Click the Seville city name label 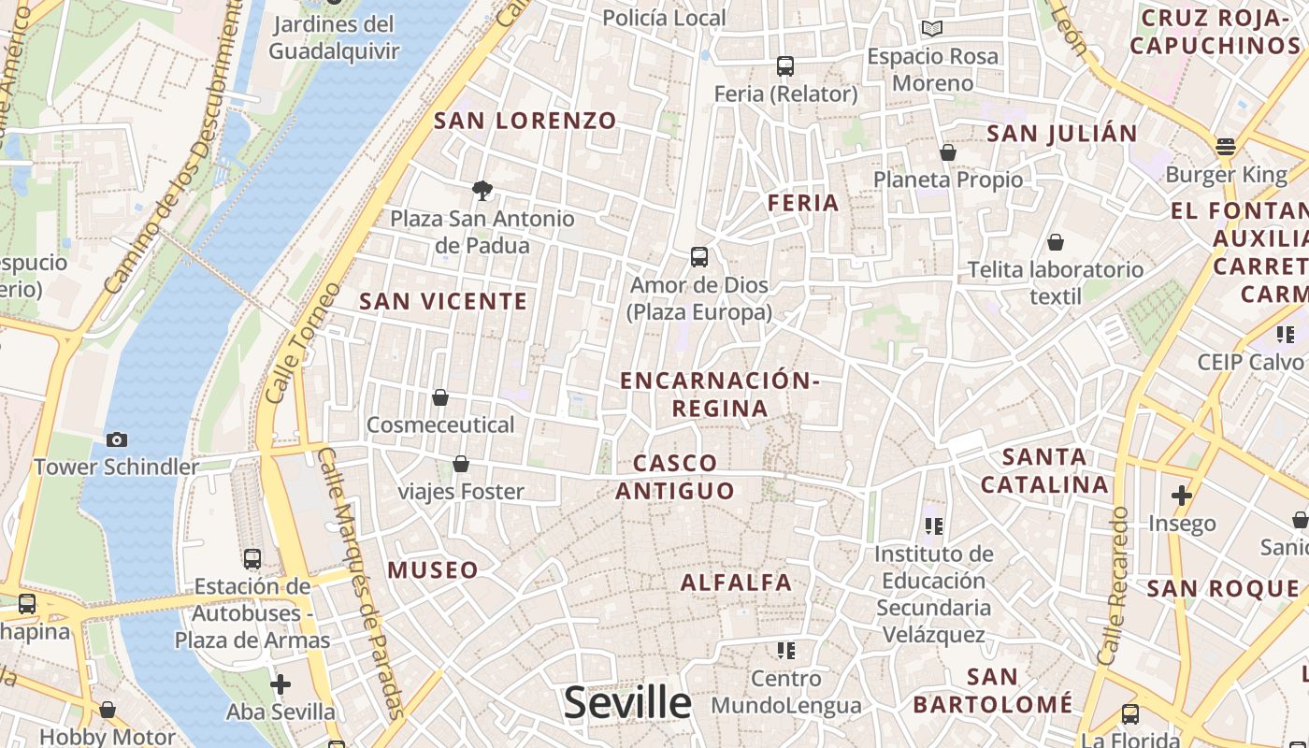(627, 702)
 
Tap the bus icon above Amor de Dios (698, 257)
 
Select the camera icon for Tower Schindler (117, 439)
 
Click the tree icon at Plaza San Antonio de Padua (482, 191)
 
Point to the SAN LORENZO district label (525, 121)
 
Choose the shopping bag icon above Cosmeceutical (440, 397)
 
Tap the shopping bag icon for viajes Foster (461, 464)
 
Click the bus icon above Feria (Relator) (785, 66)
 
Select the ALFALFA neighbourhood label (737, 583)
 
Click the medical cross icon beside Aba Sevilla (280, 684)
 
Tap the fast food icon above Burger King (1226, 147)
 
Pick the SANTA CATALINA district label (1044, 471)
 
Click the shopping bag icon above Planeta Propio (948, 152)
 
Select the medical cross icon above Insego (1182, 496)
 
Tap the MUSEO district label (433, 569)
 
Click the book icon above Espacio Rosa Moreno (932, 29)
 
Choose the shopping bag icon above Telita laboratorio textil (1056, 243)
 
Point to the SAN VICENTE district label (444, 301)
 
